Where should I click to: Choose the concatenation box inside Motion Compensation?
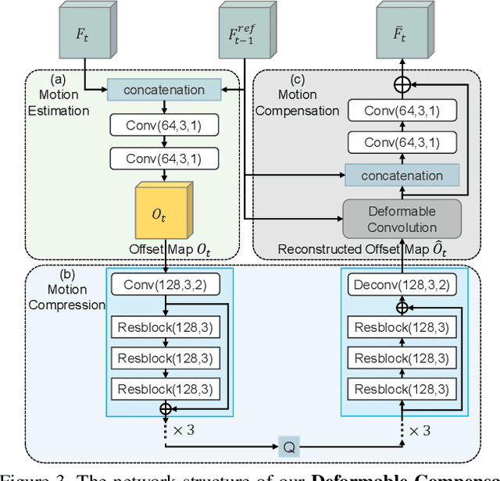pos(402,176)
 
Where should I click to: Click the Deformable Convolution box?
pos(402,218)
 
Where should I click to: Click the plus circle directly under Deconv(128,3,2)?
pos(402,308)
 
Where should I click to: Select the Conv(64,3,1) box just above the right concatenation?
pos(402,143)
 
